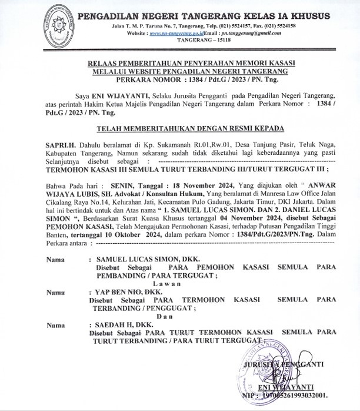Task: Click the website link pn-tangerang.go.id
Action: (x=181, y=35)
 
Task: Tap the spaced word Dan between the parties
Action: (x=171, y=317)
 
